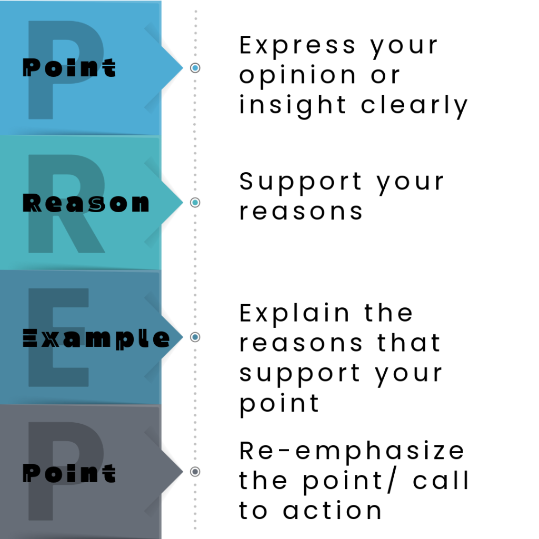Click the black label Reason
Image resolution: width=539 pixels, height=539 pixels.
86,203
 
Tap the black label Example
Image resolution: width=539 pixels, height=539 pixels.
96,338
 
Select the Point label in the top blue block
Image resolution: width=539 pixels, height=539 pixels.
69,68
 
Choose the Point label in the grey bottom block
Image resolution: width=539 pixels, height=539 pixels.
69,473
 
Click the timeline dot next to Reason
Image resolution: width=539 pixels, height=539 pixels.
195,203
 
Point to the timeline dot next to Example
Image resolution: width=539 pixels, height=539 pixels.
195,337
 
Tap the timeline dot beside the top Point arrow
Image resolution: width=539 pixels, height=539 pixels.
195,68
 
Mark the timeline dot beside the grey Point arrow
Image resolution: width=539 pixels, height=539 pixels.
195,472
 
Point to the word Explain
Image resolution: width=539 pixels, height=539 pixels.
295,314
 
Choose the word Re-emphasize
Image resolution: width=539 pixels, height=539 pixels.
352,452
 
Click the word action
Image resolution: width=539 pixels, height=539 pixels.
332,511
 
